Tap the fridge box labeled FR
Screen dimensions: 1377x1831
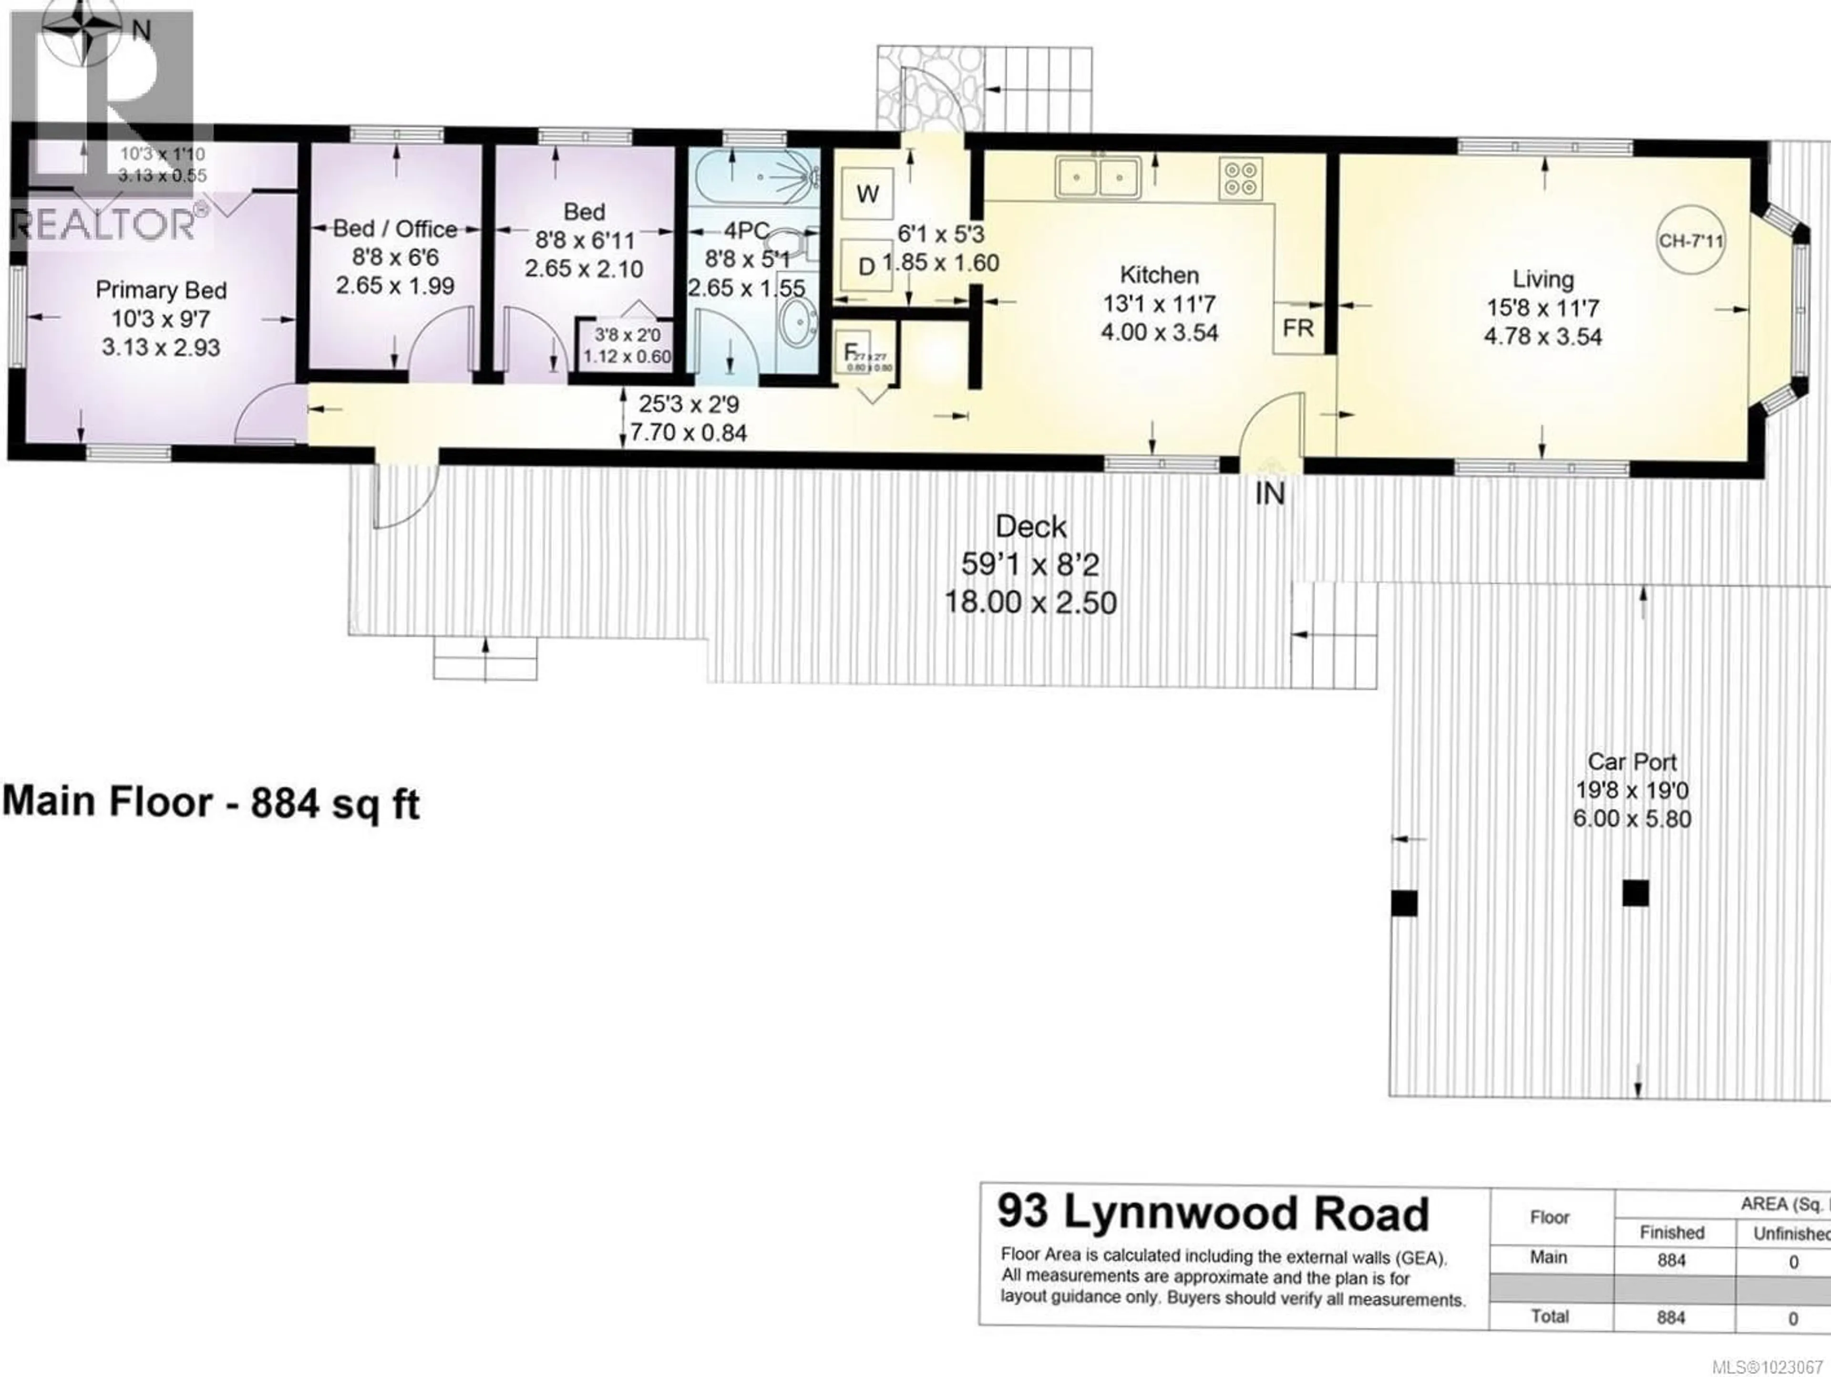[x=1298, y=329]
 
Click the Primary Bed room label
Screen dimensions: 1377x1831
[x=161, y=290]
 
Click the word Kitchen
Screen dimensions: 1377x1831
[x=1159, y=275]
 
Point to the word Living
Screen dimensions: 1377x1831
[x=1543, y=279]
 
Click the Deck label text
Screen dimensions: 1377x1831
[x=1030, y=527]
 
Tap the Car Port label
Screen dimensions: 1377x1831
[x=1632, y=762]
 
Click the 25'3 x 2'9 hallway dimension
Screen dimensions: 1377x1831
[x=689, y=404]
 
